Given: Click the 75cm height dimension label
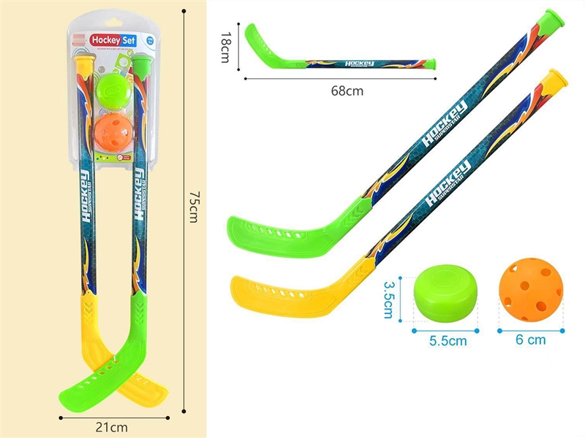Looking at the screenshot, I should [x=194, y=207].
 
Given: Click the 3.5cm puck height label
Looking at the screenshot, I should [x=389, y=295].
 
